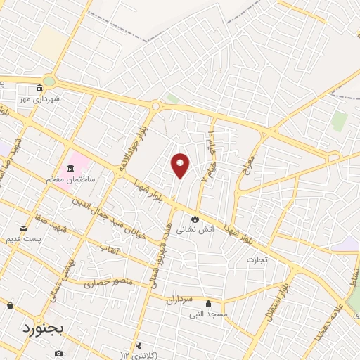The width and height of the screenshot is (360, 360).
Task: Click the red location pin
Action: (x=181, y=165)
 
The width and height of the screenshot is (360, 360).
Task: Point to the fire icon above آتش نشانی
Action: (x=195, y=219)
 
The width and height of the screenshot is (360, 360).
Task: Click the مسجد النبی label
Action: (x=211, y=314)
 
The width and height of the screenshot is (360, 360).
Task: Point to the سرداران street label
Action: (x=179, y=300)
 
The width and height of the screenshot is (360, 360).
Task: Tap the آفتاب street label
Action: (x=110, y=249)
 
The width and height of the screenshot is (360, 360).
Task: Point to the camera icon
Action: (x=58, y=352)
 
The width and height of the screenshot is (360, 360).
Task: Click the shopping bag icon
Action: (x=10, y=305)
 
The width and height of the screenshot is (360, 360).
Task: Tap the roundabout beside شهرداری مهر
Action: (x=49, y=80)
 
